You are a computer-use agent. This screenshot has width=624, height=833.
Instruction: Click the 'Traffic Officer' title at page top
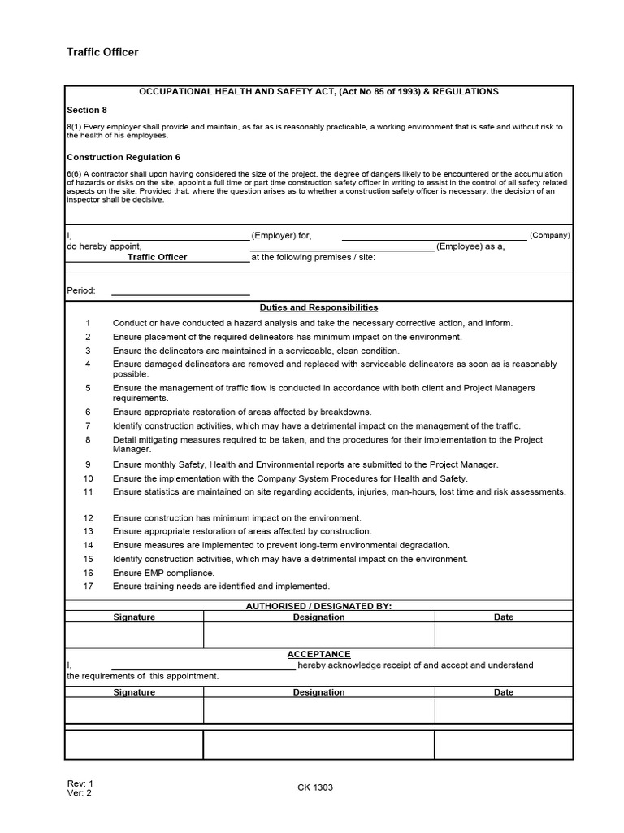click(102, 52)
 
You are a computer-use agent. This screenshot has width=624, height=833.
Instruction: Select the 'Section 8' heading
click(86, 109)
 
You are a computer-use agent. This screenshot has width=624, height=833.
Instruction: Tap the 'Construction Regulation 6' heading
click(123, 157)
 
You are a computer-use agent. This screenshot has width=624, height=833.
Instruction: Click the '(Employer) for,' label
click(281, 235)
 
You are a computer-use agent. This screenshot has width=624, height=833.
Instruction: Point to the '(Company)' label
click(550, 235)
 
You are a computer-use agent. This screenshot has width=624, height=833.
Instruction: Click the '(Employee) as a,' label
click(470, 246)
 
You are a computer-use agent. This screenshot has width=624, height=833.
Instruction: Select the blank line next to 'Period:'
click(180, 290)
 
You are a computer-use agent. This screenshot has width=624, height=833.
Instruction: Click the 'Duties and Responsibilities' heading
click(318, 307)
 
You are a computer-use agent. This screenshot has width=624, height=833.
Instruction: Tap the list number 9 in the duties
click(88, 464)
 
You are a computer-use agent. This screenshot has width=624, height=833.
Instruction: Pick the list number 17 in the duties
click(88, 586)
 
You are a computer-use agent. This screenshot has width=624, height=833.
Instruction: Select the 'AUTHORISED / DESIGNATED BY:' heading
click(318, 606)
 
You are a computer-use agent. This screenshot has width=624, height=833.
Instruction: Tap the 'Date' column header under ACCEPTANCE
click(504, 692)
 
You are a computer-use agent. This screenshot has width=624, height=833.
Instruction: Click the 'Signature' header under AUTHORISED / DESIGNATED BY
click(134, 617)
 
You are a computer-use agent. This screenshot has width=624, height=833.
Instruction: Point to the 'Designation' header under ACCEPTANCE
click(318, 692)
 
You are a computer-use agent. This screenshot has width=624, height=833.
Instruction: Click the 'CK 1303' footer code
click(315, 787)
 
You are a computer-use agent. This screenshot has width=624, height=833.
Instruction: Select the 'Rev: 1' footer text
click(80, 783)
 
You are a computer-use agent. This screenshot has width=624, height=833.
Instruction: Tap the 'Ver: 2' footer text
click(80, 793)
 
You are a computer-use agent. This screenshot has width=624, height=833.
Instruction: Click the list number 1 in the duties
click(88, 323)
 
